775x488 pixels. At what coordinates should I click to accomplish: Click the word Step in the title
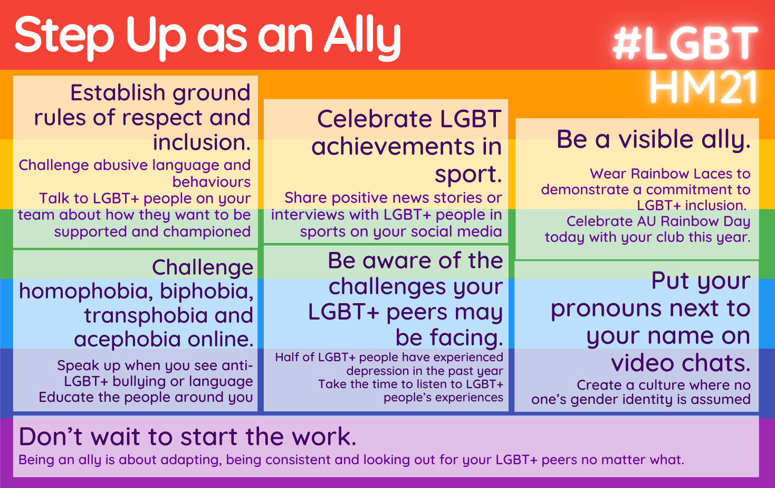point(64,37)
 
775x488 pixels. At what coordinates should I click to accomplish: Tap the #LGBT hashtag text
point(685,44)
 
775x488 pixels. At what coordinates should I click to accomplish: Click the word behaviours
point(212,182)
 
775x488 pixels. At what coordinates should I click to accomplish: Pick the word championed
point(207,232)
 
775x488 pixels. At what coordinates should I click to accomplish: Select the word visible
point(656,139)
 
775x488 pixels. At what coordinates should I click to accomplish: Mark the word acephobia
point(127,340)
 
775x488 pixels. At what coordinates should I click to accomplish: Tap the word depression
point(379,371)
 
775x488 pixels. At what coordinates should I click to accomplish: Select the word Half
point(287,357)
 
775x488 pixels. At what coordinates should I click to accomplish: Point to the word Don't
point(51,436)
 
